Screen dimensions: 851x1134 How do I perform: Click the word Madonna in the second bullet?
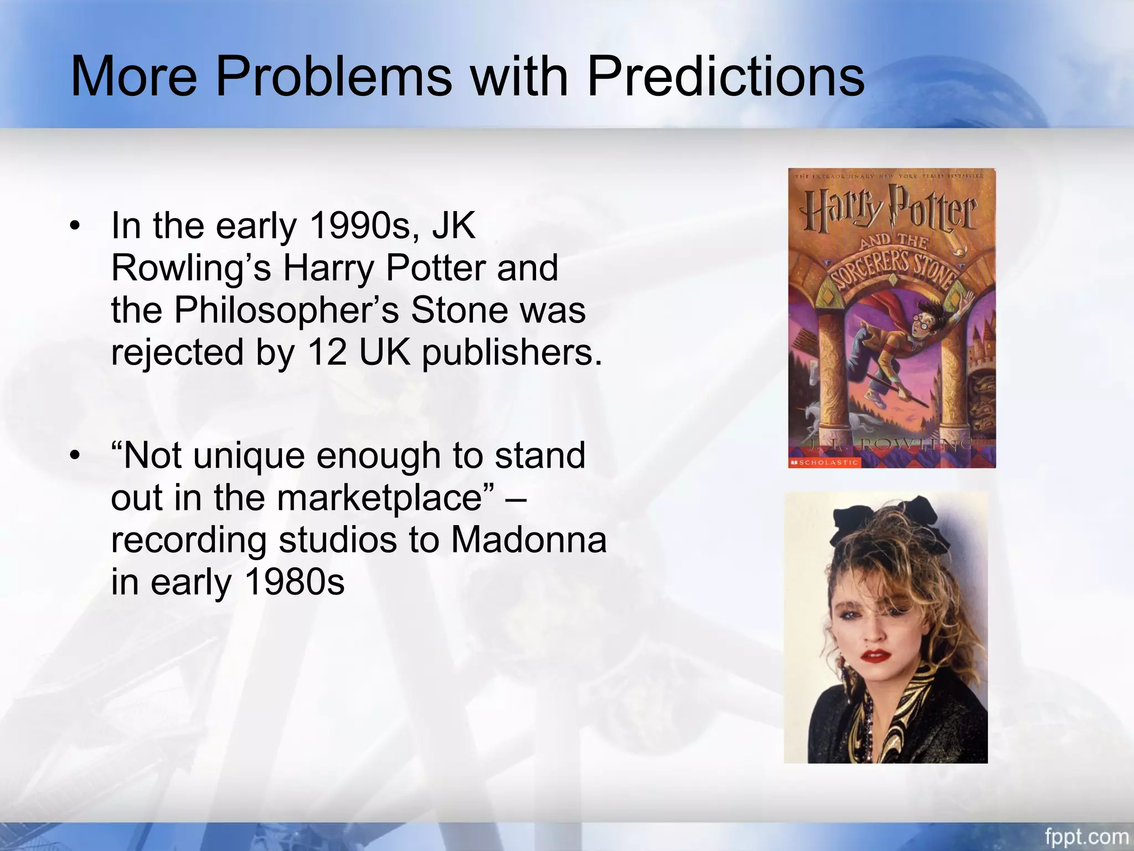click(x=529, y=540)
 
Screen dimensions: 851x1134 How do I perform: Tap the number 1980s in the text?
click(x=295, y=582)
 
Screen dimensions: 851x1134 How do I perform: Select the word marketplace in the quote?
click(x=379, y=498)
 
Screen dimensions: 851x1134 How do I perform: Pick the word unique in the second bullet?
click(x=249, y=456)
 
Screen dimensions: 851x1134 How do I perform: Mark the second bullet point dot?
click(x=75, y=456)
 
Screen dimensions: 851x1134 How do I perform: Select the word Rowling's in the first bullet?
click(x=191, y=268)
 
